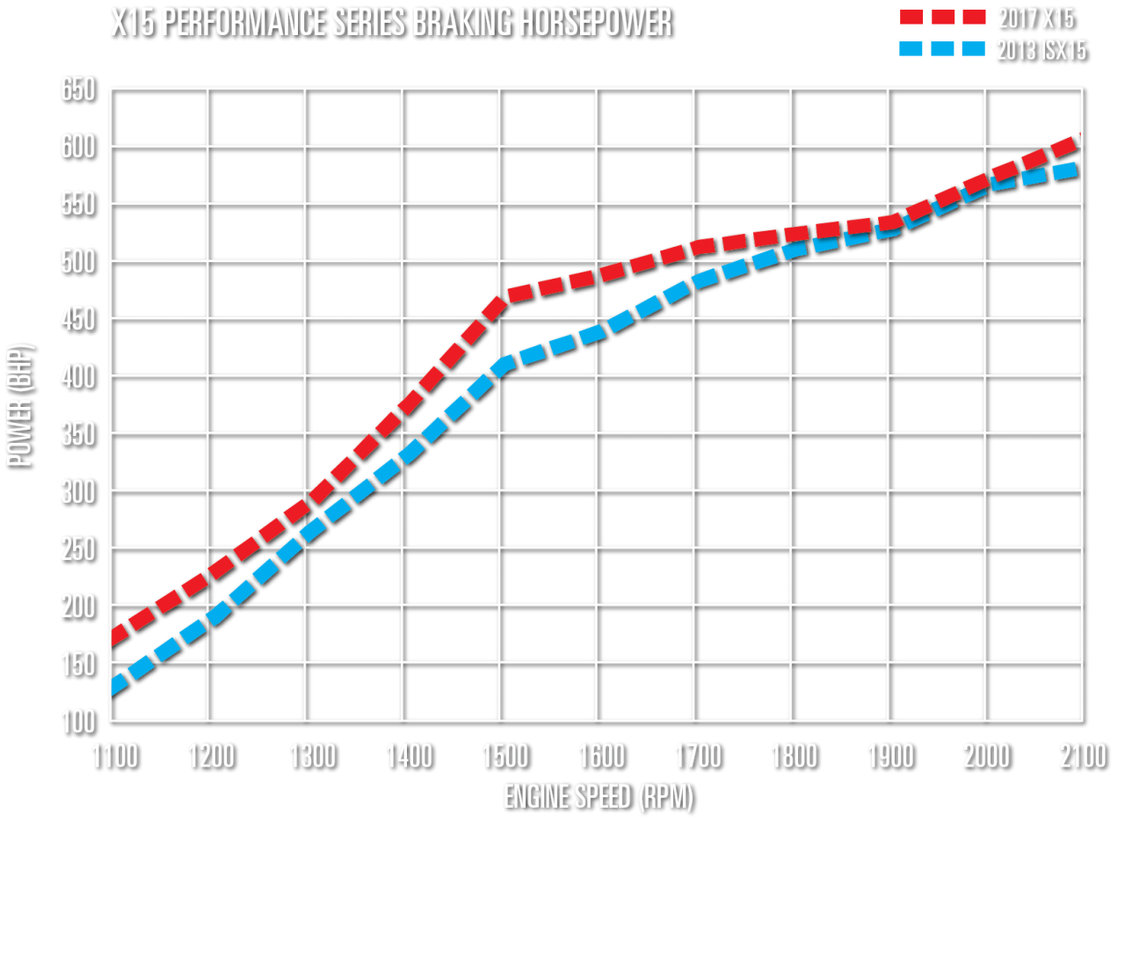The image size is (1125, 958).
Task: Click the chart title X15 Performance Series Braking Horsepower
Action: tap(392, 22)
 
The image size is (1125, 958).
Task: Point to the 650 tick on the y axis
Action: tap(78, 89)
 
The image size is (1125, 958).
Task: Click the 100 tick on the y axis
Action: tap(78, 721)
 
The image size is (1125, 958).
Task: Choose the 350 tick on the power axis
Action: tap(78, 434)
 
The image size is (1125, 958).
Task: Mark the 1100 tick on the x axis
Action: tap(116, 757)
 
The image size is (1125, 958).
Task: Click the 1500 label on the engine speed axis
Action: tap(505, 757)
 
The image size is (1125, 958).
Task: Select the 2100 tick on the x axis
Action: tap(1083, 757)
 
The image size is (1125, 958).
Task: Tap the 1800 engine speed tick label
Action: tap(795, 757)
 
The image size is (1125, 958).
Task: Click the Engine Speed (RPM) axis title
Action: tap(599, 797)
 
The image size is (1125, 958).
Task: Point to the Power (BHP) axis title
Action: tap(21, 406)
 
